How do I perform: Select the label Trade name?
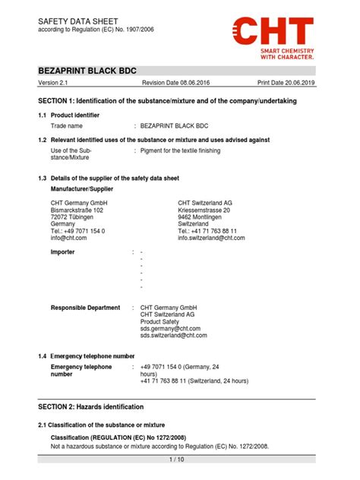coord(70,126)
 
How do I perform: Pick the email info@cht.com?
coord(69,238)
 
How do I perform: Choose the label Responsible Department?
coord(85,308)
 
